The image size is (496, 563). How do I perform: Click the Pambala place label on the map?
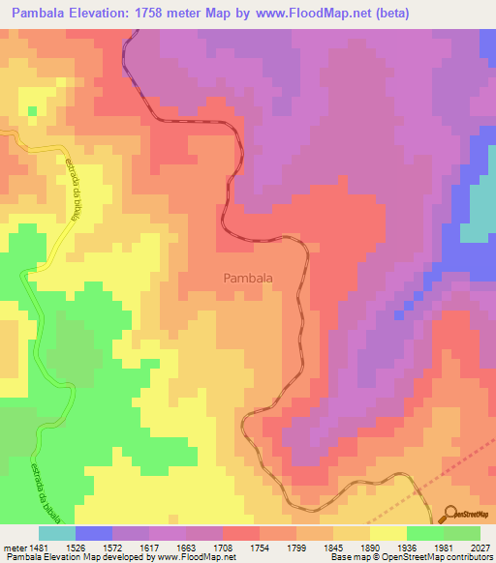(248, 278)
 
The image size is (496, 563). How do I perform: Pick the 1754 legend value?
(260, 548)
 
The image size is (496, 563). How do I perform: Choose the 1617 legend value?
(149, 548)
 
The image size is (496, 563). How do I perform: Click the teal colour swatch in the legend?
(56, 533)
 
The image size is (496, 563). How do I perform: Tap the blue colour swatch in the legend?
(93, 533)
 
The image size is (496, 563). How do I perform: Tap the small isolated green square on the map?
(32, 110)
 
